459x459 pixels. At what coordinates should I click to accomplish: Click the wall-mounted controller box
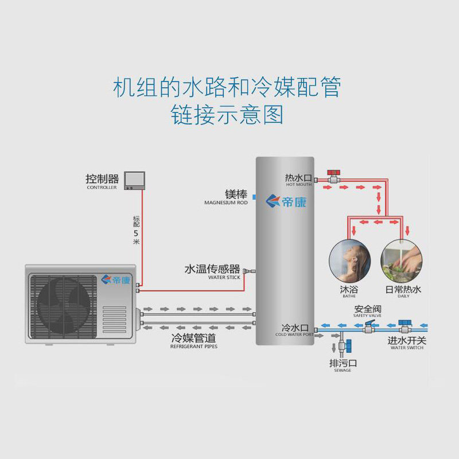134,180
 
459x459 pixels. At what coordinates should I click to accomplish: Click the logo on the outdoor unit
115,280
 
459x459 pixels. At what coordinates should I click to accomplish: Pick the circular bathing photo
349,259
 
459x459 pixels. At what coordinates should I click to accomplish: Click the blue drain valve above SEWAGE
347,346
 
